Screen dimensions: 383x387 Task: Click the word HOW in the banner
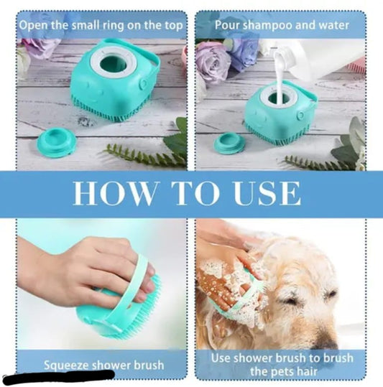pyautogui.click(x=114, y=193)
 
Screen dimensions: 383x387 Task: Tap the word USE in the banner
pyautogui.click(x=267, y=193)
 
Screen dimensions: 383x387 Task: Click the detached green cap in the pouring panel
pyautogui.click(x=229, y=143)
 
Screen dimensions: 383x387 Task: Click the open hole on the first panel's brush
pyautogui.click(x=114, y=64)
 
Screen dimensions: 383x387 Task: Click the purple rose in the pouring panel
pyautogui.click(x=213, y=60)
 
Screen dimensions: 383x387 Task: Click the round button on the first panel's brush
pyautogui.click(x=143, y=84)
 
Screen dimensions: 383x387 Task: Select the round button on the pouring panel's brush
pyautogui.click(x=301, y=115)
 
